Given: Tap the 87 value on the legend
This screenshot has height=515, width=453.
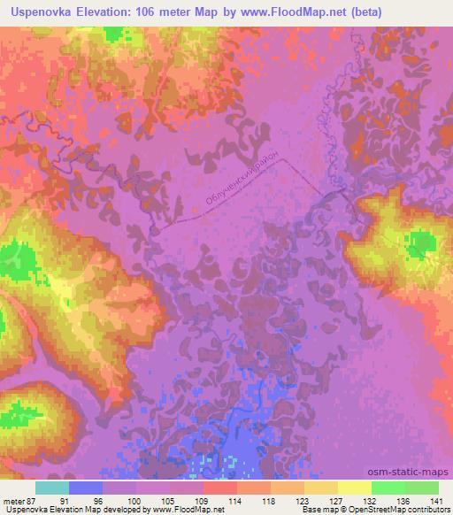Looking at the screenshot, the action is (x=34, y=500).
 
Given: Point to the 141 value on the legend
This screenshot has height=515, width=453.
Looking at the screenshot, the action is (x=438, y=500).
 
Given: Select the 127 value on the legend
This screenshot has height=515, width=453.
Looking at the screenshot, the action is (x=338, y=500).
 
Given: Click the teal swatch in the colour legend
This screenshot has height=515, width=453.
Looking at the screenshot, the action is (x=52, y=488).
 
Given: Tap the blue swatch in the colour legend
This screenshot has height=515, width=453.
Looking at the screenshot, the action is (x=86, y=488).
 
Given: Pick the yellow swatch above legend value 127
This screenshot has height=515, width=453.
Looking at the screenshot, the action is (x=321, y=488).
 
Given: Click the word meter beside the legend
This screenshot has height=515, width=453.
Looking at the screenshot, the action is (x=14, y=500).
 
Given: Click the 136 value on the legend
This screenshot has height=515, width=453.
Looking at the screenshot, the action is (x=404, y=500).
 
